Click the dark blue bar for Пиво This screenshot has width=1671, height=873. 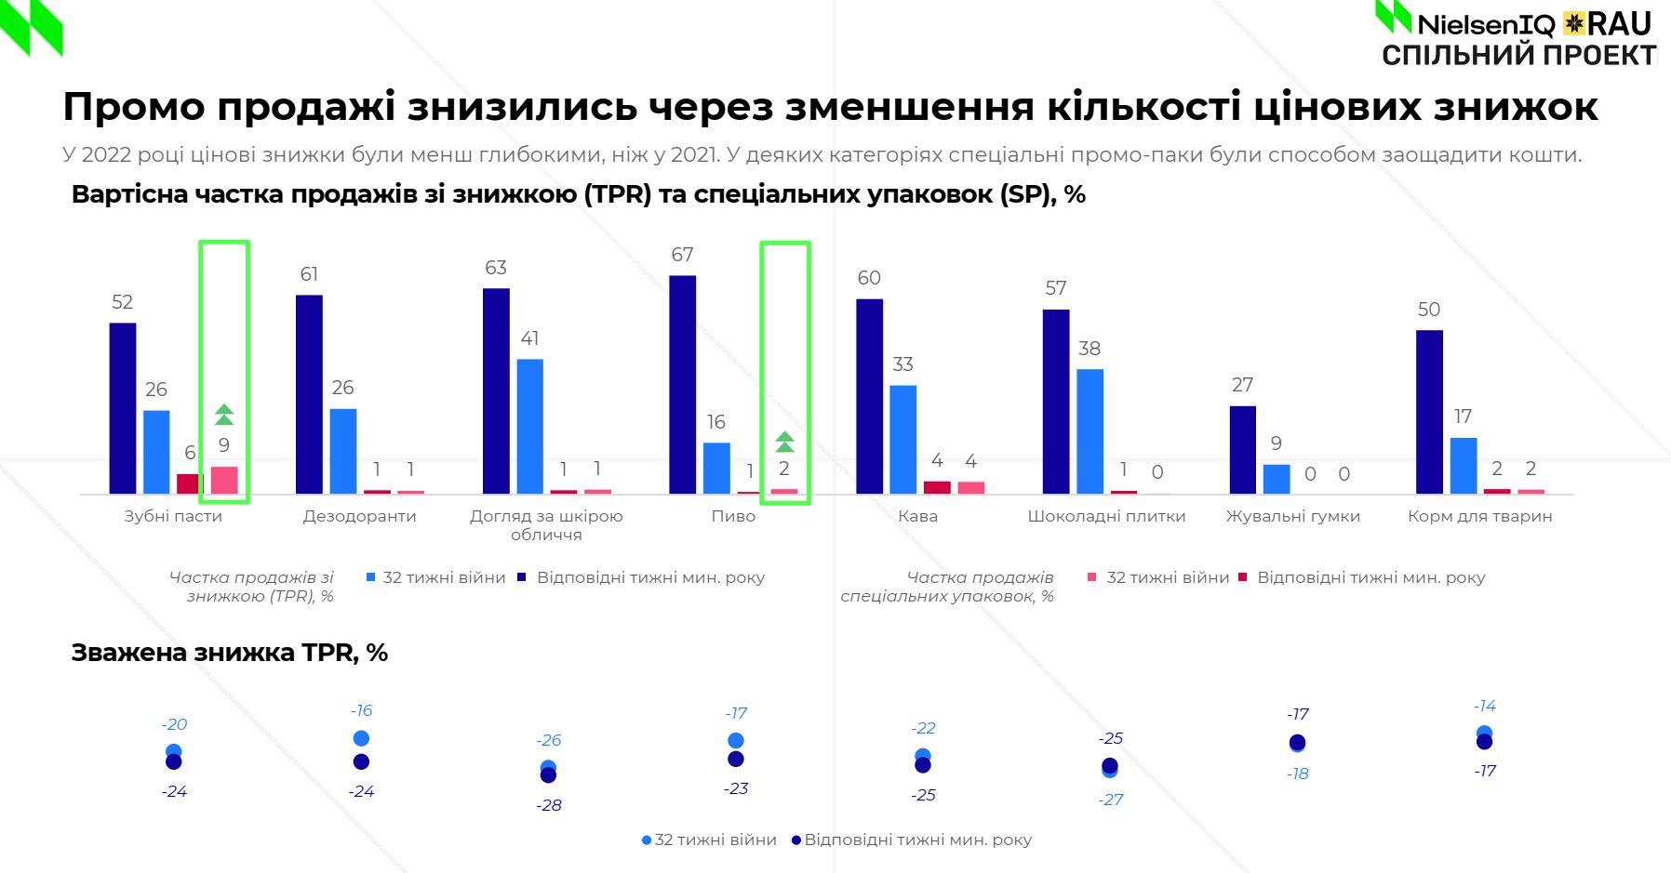coord(682,384)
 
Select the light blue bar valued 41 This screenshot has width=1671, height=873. coord(529,426)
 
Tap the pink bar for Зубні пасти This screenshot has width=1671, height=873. coord(224,480)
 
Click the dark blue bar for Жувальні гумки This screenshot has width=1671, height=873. coord(1242,449)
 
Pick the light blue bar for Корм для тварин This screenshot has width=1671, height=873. coord(1463,465)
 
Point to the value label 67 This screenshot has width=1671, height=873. coord(682,255)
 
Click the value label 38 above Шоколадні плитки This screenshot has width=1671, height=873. coord(1089,349)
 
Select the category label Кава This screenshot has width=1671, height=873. coord(917,516)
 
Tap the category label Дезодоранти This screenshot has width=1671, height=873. coord(359,516)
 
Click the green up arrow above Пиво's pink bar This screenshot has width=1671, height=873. coord(784,442)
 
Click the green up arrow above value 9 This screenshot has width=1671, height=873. coord(224,415)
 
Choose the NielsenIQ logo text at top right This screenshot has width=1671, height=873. coord(1485,23)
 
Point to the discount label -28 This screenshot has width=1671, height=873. coord(549,805)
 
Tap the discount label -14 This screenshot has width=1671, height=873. coord(1485,706)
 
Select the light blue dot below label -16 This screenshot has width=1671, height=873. coord(361,738)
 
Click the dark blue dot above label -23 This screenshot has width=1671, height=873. coord(736,760)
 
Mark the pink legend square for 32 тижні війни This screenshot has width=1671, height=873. coord(1092,577)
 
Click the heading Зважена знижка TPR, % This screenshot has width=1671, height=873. coord(229,653)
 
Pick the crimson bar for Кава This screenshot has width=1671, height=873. coord(937,487)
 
